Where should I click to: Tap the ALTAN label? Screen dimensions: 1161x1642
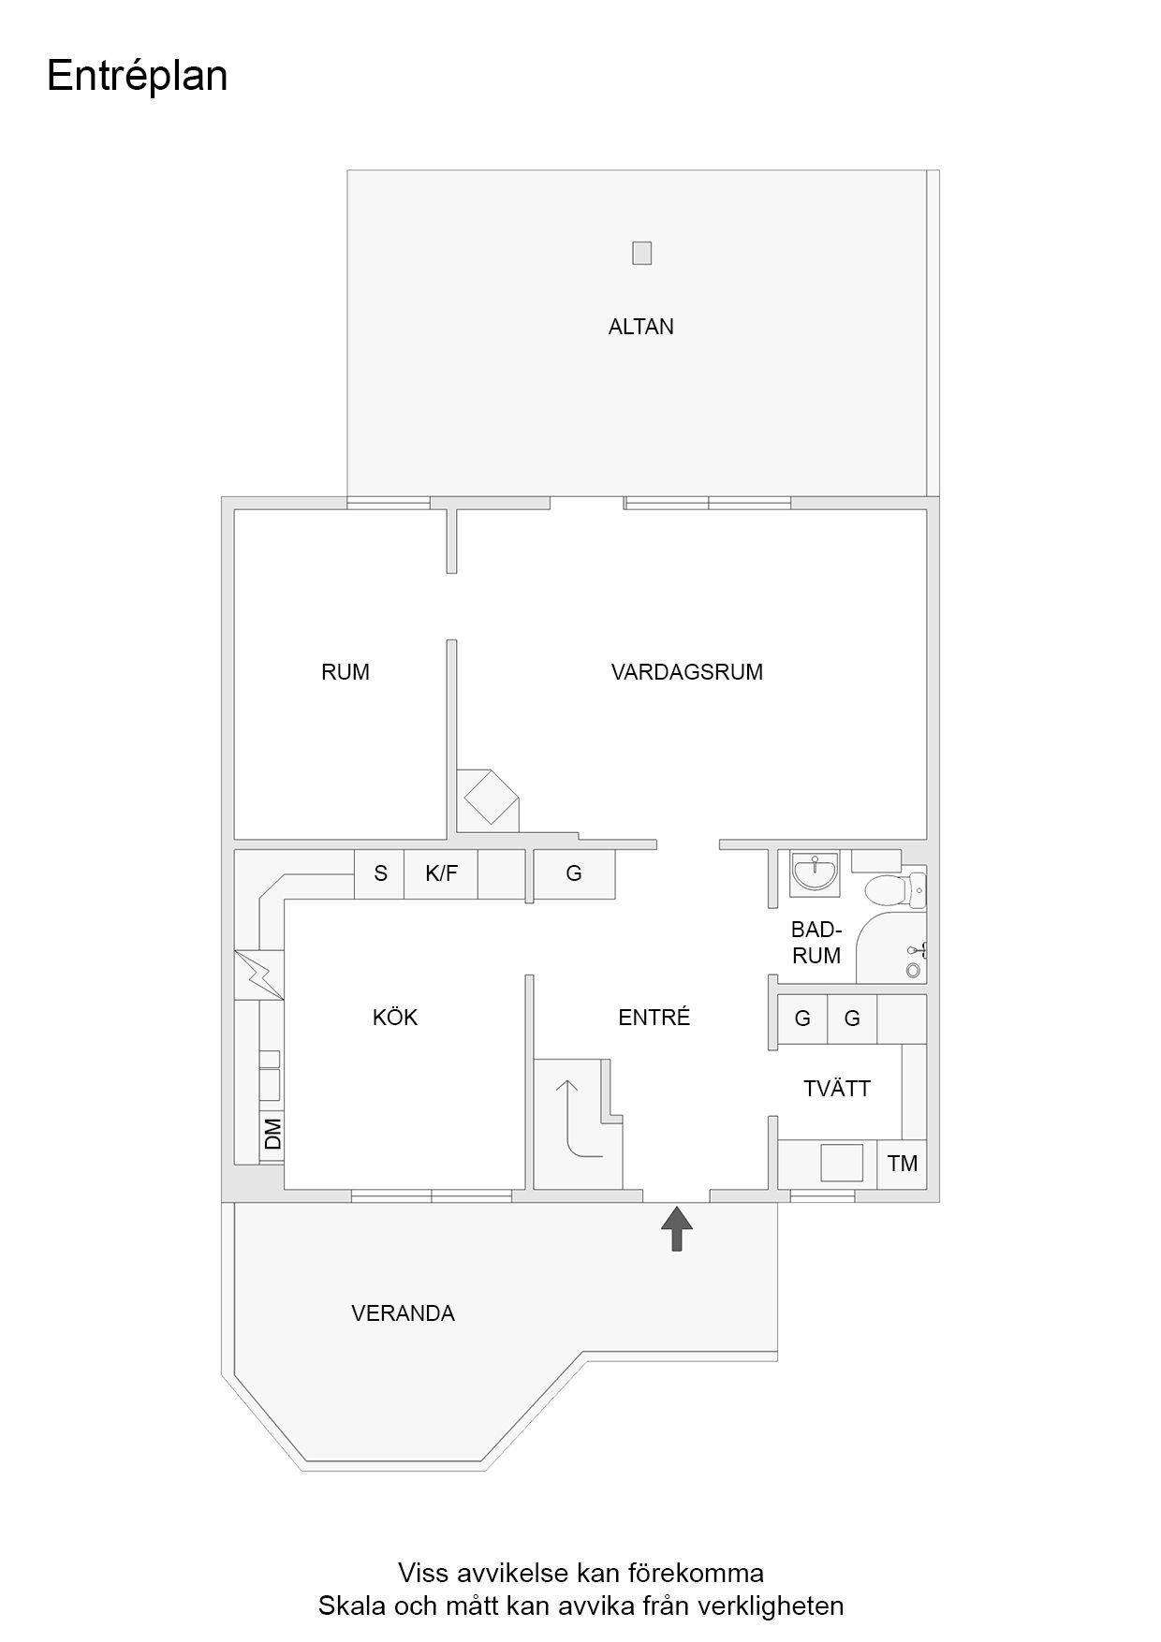pyautogui.click(x=641, y=327)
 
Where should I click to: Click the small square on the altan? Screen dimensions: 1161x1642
pyautogui.click(x=641, y=253)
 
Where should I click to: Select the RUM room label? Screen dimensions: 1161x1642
pyautogui.click(x=345, y=672)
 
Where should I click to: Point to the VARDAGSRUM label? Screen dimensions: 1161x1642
pyautogui.click(x=687, y=672)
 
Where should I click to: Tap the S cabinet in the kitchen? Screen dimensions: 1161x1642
pyautogui.click(x=379, y=873)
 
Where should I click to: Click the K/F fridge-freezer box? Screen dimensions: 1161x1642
pyautogui.click(x=441, y=873)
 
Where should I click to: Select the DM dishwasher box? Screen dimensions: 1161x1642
pyautogui.click(x=272, y=1135)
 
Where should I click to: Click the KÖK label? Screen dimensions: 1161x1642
pyautogui.click(x=395, y=1018)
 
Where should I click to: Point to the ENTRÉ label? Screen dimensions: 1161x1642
pyautogui.click(x=654, y=1018)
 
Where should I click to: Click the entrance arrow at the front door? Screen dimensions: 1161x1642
pyautogui.click(x=677, y=1229)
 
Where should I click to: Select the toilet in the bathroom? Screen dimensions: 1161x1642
pyautogui.click(x=895, y=888)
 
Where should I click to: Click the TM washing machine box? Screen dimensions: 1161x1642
pyautogui.click(x=903, y=1164)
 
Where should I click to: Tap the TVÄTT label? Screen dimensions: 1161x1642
pyautogui.click(x=837, y=1089)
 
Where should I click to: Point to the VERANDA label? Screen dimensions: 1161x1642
pyautogui.click(x=404, y=1313)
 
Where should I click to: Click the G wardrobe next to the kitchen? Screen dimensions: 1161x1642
pyautogui.click(x=574, y=873)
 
